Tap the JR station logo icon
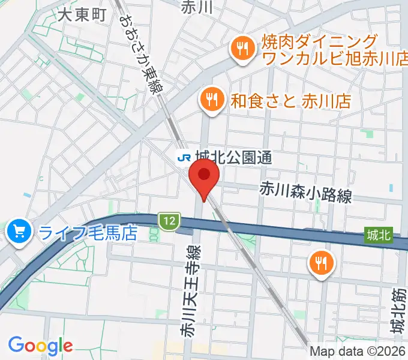pos(183,158)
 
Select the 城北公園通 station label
pos(234,158)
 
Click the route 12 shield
pos(169,221)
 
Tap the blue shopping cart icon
pos(19,230)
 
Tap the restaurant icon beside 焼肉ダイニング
pos(242,50)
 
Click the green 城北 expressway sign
pos(379,236)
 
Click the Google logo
pos(40,346)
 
